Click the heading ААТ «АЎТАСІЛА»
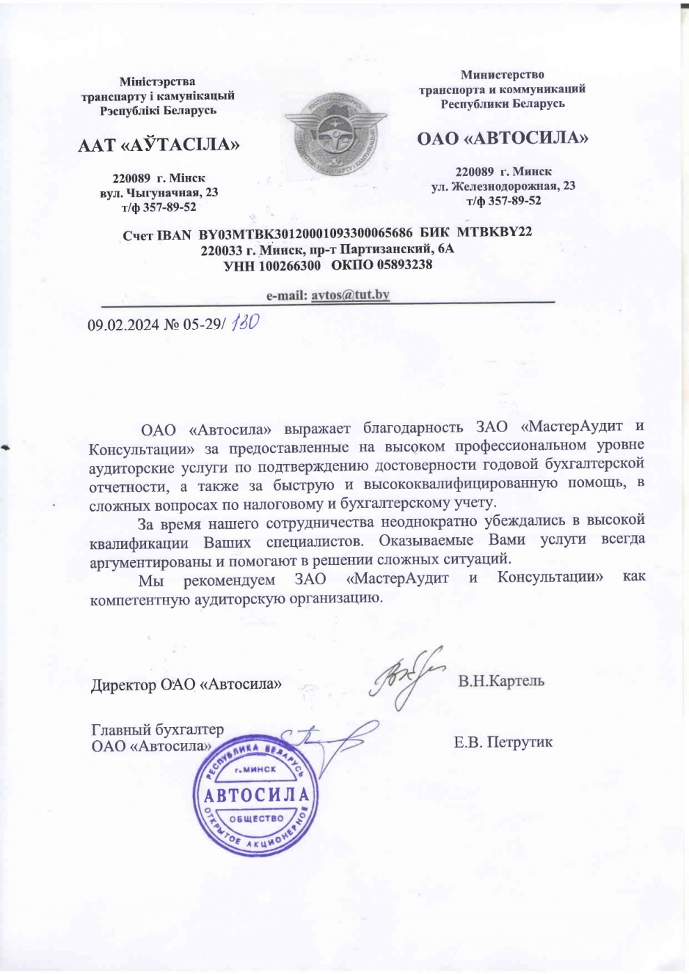coord(159,145)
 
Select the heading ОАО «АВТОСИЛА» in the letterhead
coord(502,138)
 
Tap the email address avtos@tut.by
coord(350,294)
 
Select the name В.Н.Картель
coord(501,680)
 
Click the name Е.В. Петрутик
coord(503,742)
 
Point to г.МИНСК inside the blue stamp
coord(255,769)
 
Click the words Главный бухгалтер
coord(157,730)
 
